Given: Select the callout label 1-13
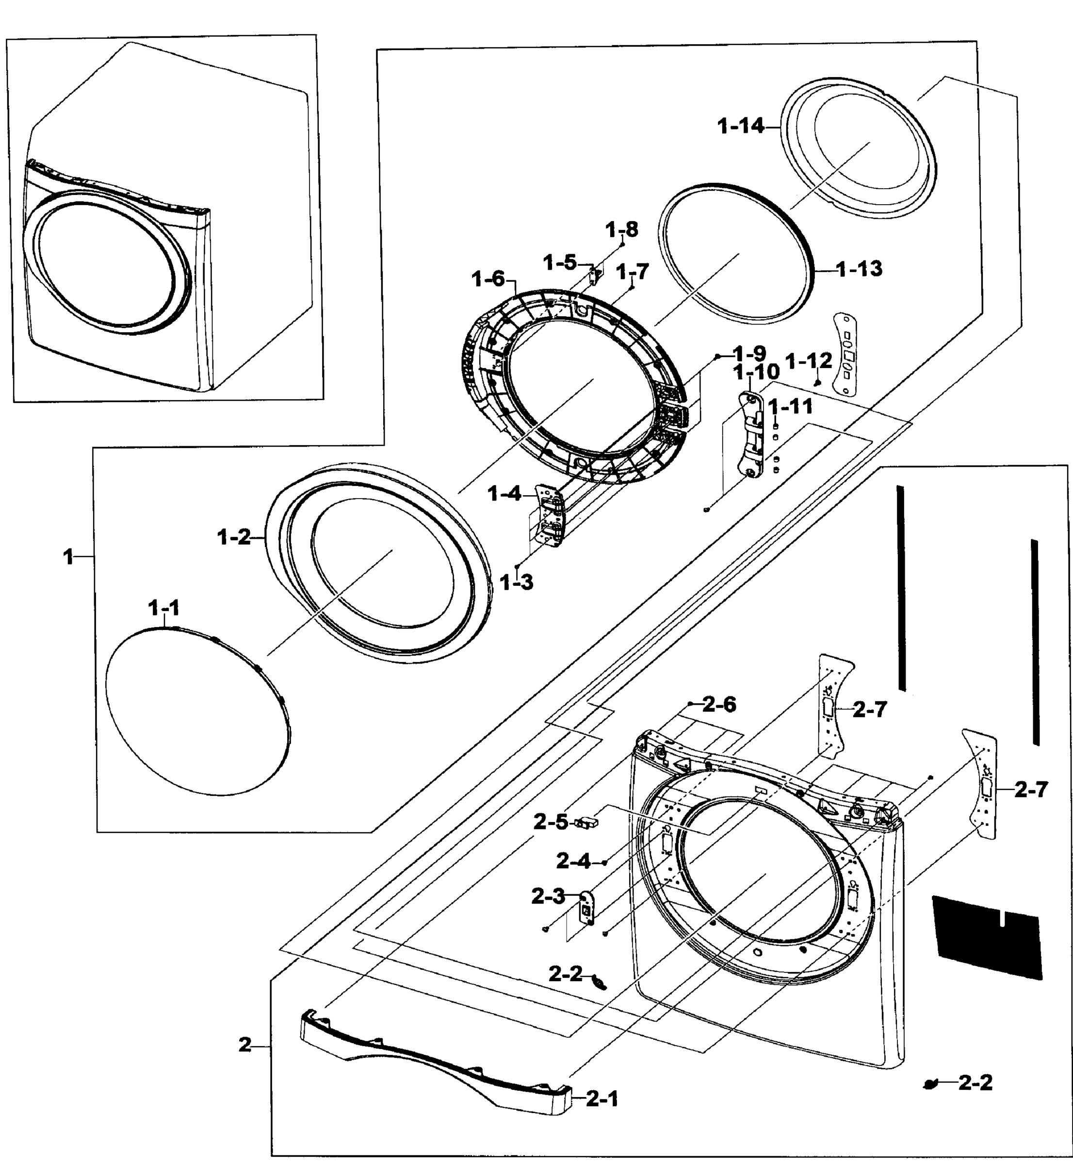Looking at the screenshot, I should click(860, 269).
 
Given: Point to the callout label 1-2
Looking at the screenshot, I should click(234, 537).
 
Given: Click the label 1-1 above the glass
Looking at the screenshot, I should click(164, 608).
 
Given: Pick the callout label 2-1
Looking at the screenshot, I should click(602, 1099).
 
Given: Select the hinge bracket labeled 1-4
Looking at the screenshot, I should click(549, 516).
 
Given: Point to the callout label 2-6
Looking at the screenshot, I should click(719, 705).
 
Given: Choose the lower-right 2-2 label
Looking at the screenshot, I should click(975, 1082).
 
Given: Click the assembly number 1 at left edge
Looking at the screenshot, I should click(68, 557).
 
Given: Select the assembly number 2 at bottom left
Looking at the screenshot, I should click(245, 1045).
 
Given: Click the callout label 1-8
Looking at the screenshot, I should click(622, 230).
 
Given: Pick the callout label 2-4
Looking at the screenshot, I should click(573, 861).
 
